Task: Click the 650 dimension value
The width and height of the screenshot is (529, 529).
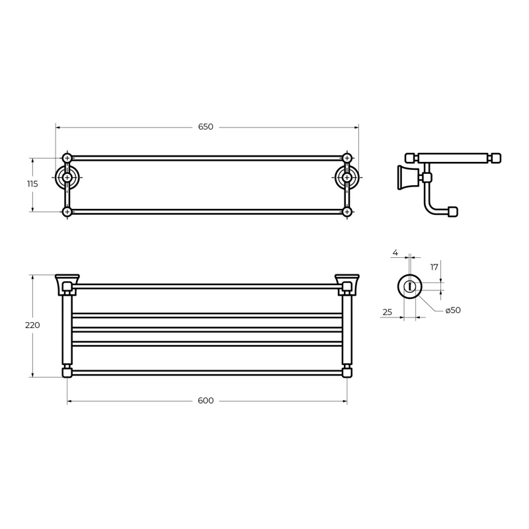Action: click(206, 127)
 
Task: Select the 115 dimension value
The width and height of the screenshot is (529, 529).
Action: click(32, 184)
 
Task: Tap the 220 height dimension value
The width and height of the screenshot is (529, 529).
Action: click(32, 325)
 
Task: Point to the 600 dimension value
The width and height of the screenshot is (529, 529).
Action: click(206, 401)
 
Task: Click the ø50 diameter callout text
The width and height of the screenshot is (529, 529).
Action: click(452, 310)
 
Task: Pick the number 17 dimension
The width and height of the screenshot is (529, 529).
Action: click(434, 267)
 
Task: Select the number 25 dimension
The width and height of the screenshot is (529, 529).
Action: click(387, 311)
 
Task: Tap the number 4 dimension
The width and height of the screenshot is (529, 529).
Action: click(395, 253)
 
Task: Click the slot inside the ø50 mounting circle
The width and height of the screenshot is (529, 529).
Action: click(410, 286)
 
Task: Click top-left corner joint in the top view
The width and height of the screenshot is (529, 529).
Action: click(67, 158)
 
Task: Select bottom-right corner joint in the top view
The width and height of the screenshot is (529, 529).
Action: click(347, 212)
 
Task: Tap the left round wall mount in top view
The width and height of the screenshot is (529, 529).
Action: click(67, 177)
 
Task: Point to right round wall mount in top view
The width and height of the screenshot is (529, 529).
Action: click(347, 177)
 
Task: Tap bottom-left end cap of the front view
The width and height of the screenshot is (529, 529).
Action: click(67, 373)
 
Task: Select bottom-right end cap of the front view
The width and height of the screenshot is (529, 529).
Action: click(346, 373)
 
